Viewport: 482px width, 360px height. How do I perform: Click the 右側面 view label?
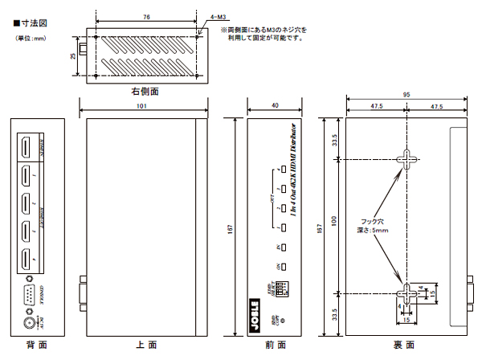(x=145, y=91)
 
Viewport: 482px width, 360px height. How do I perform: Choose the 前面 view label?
(x=276, y=345)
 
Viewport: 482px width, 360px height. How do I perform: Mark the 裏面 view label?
(x=404, y=345)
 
